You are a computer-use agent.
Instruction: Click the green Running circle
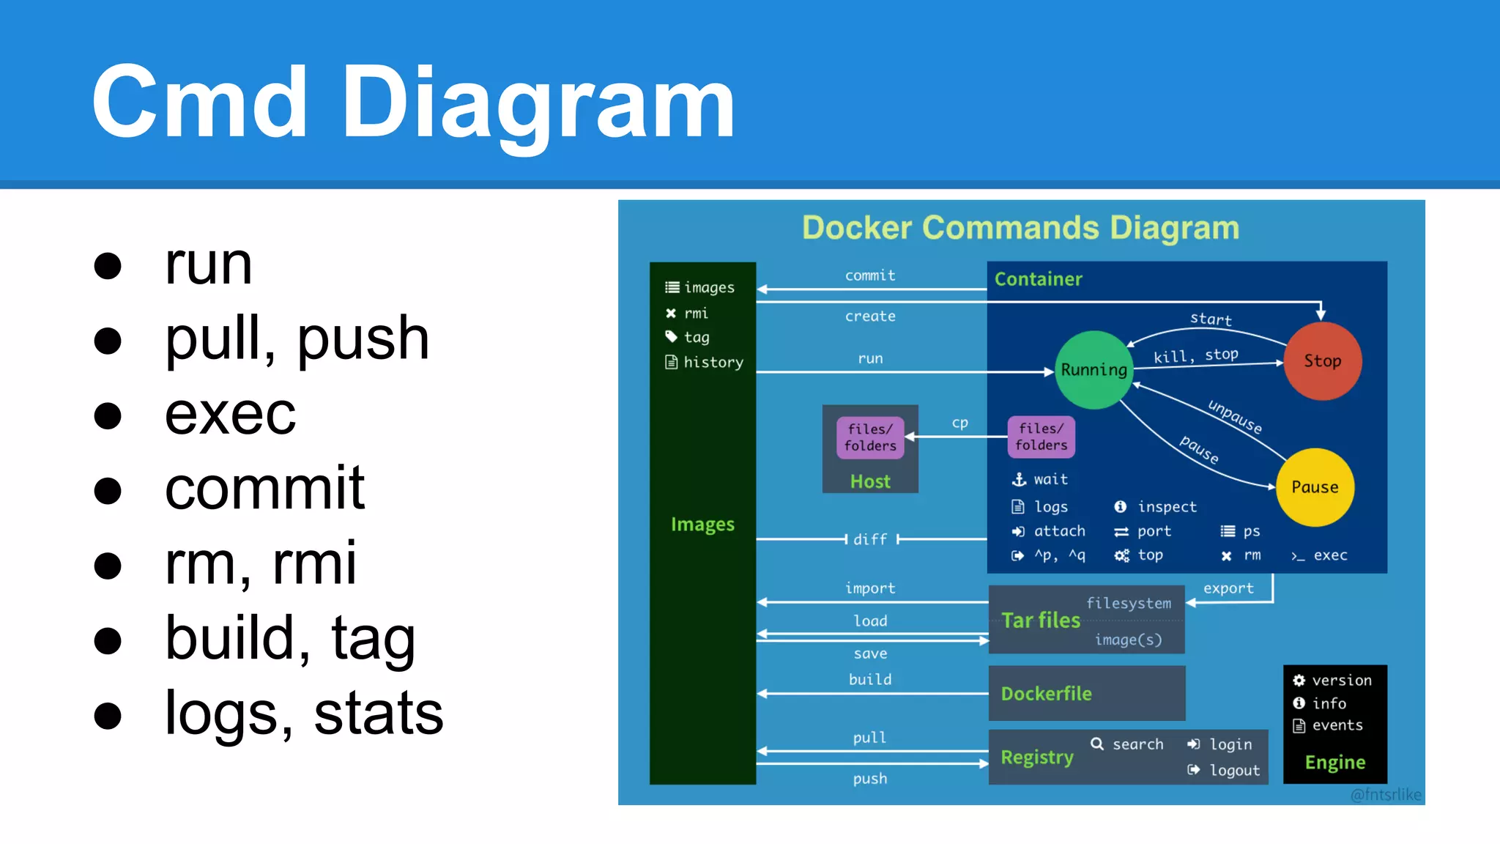(1094, 370)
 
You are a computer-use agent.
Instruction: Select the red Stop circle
(1323, 361)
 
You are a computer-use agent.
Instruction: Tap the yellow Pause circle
(1315, 487)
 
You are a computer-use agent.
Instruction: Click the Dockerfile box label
(1046, 694)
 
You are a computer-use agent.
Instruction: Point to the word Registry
(1037, 757)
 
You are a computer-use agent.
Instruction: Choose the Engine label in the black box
(1334, 763)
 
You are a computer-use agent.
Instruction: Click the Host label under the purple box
(870, 481)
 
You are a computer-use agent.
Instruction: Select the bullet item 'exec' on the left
(230, 415)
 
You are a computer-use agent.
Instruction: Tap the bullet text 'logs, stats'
(304, 714)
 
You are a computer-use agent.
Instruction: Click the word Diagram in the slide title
(538, 103)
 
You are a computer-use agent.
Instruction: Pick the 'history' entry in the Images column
(713, 362)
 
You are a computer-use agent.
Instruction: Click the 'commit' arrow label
(870, 275)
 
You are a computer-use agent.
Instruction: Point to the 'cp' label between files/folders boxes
(959, 423)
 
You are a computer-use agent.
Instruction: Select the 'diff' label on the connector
(870, 539)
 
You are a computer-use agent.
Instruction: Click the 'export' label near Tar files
(1228, 588)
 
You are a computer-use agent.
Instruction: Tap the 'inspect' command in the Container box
(1166, 507)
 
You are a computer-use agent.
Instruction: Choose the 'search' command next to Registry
(1137, 744)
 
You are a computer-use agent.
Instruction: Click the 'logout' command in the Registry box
(1234, 770)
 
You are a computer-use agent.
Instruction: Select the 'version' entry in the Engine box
(1341, 681)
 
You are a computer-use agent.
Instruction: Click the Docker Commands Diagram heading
(1020, 228)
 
